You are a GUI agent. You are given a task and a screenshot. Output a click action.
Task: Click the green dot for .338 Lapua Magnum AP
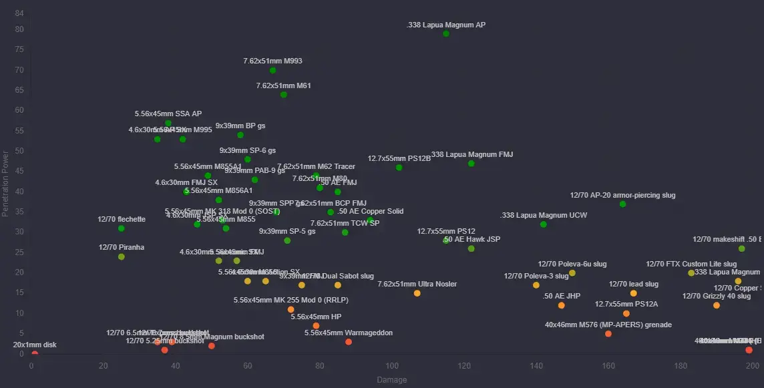coord(446,34)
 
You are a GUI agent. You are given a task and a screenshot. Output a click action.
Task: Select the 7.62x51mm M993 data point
coord(272,70)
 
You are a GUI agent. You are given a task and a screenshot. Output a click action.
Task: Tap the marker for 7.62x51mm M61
coord(284,95)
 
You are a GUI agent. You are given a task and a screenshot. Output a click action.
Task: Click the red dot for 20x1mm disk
coord(35,354)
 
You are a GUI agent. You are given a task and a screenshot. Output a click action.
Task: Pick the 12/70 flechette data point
coord(122,228)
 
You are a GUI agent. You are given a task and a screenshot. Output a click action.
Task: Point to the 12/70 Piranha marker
coord(122,257)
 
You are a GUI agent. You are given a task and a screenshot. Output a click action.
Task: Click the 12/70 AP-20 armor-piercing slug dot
coord(623,204)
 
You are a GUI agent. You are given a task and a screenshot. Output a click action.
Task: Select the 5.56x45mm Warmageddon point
coord(349,342)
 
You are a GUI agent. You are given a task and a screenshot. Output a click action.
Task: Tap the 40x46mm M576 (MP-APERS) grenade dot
coord(608,334)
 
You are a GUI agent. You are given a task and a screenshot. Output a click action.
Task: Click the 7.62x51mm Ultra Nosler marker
coord(417,293)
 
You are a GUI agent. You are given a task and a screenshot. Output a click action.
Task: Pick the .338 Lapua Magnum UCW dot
coord(544,224)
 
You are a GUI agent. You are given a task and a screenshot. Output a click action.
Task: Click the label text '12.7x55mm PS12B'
coord(399,158)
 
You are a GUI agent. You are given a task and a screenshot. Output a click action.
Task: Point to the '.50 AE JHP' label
coord(562,296)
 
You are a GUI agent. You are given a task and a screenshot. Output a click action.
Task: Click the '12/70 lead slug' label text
coord(633,284)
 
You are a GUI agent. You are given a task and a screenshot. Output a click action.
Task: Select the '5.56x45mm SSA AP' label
coord(168,114)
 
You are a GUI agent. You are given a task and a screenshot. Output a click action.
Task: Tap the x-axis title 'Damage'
coord(392,380)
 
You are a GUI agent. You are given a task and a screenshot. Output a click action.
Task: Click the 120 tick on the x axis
coord(464,366)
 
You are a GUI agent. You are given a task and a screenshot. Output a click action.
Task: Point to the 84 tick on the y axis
coord(19,13)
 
